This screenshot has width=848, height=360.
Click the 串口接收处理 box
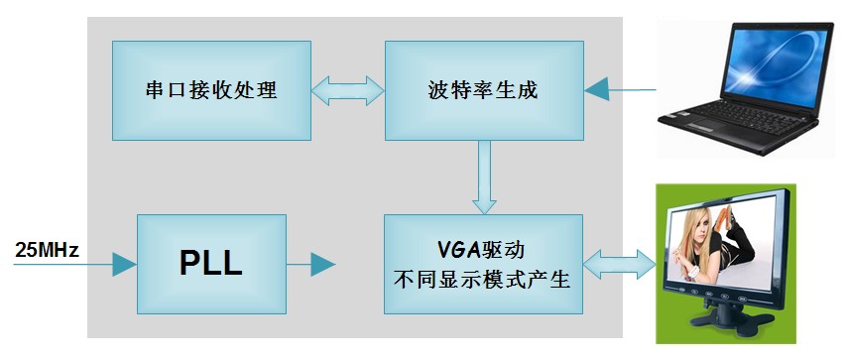(211, 91)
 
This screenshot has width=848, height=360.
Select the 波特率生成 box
(484, 91)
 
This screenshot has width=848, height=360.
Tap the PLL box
(211, 264)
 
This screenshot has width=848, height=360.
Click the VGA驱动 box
(483, 264)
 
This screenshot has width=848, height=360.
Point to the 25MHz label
(48, 250)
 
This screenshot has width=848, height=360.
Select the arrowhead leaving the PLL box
(323, 265)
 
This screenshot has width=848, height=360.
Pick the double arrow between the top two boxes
(348, 90)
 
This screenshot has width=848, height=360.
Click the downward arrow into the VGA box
(484, 178)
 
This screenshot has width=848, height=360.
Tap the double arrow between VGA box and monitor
(620, 265)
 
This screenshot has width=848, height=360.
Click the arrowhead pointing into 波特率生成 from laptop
(597, 89)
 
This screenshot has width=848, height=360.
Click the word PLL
(211, 265)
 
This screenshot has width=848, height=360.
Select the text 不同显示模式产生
(483, 280)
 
